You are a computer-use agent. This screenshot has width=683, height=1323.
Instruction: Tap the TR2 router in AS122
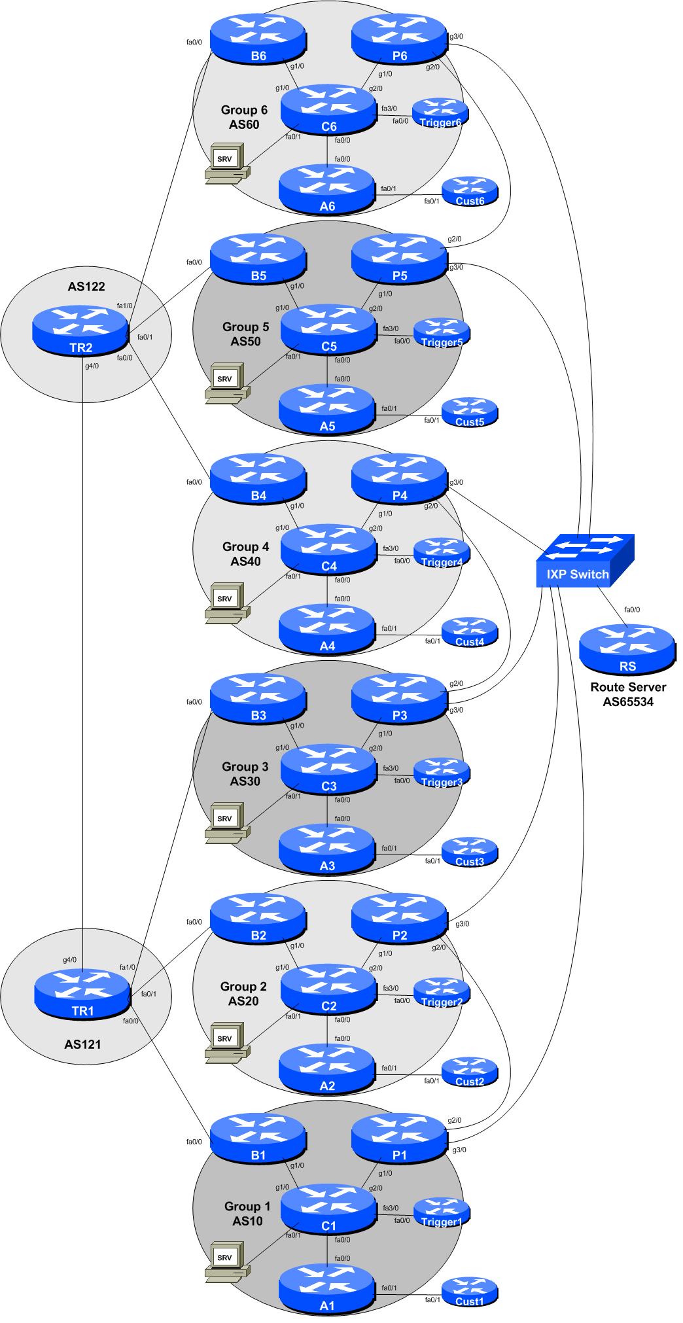point(80,331)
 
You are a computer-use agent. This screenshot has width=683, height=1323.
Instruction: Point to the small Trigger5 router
point(442,333)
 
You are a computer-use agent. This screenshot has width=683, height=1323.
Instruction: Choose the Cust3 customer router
point(469,853)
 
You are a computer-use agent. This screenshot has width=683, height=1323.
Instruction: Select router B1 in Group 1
point(258,1138)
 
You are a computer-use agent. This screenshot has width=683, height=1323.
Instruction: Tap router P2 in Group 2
point(399,918)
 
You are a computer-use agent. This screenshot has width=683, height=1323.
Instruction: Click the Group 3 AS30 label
point(245,773)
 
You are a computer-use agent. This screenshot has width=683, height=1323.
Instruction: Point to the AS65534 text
point(627,702)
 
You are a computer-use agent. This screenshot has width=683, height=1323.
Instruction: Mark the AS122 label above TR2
point(86,287)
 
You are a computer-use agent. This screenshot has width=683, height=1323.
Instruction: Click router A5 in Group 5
point(326,410)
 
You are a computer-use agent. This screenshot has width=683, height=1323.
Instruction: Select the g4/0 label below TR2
point(92,366)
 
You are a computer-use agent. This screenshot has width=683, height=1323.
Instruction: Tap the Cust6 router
point(469,192)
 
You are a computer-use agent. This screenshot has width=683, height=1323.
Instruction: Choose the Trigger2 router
point(442,993)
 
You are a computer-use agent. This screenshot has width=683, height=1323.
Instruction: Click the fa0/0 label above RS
point(632,610)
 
